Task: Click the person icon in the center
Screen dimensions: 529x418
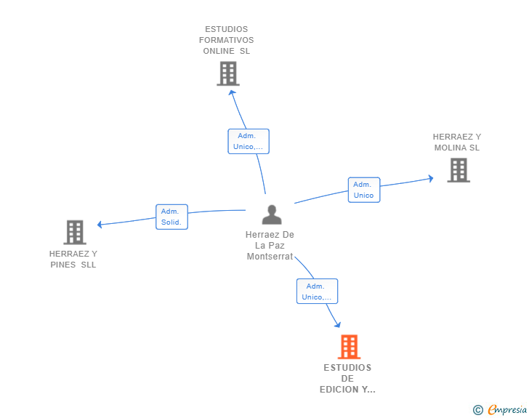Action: point(272,214)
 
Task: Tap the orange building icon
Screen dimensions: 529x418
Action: point(350,347)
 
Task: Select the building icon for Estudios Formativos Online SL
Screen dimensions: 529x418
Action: point(228,73)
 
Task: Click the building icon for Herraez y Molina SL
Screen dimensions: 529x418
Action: point(459,170)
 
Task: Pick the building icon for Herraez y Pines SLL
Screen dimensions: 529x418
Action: point(75,233)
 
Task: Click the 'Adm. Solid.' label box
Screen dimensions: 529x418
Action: point(171,217)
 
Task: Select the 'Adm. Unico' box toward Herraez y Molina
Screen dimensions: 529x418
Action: point(364,190)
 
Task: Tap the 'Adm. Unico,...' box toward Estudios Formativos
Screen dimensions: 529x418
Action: point(249,141)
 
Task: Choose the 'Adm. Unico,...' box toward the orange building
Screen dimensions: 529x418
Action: point(317,291)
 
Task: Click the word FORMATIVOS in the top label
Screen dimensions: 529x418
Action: point(227,40)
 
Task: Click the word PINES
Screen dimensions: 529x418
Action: point(62,265)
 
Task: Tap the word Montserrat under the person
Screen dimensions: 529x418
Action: point(270,257)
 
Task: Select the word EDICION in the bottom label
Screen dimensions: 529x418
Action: point(339,390)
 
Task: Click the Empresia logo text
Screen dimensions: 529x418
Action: point(507,410)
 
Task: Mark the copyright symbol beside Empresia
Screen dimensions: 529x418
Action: point(478,410)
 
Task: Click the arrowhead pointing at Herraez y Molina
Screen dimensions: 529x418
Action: point(431,178)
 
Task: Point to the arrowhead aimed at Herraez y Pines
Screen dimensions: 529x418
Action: point(100,225)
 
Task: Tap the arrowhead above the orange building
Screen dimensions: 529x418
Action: point(338,325)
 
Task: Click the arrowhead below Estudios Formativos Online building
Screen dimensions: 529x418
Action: point(232,92)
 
